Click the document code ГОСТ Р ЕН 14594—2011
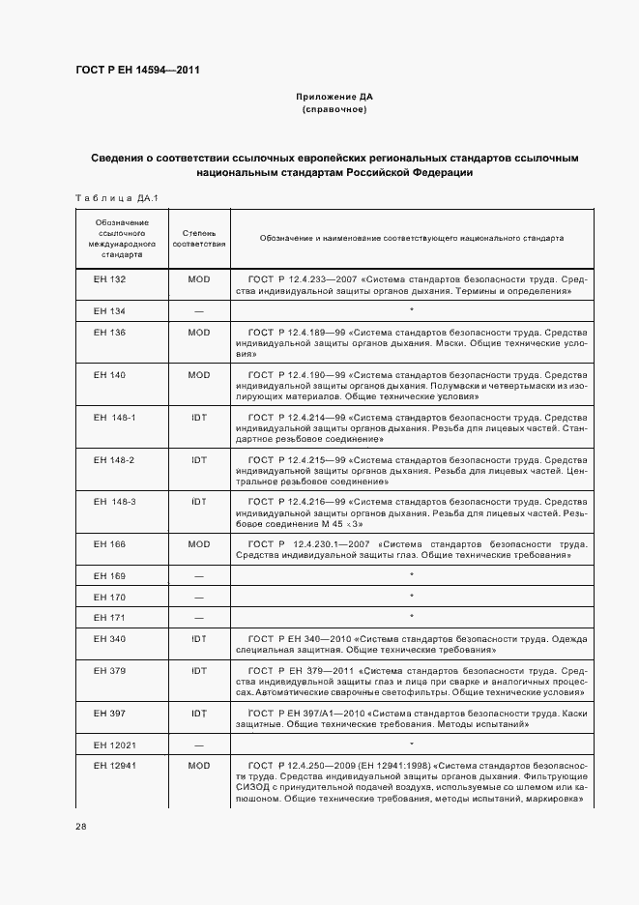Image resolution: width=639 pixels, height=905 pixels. click(x=137, y=70)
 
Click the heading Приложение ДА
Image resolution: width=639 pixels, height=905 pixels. click(x=334, y=98)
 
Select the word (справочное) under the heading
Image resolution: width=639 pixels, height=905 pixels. click(x=334, y=110)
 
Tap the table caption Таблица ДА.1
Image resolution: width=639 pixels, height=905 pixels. click(x=116, y=198)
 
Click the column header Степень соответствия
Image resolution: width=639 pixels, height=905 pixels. click(x=199, y=239)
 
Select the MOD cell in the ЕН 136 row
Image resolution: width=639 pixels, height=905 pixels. click(x=199, y=333)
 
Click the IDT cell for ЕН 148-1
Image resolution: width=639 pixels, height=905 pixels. click(x=199, y=417)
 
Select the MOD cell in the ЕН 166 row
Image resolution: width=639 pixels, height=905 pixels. click(x=199, y=544)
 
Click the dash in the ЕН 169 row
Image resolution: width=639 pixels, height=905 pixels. click(x=199, y=576)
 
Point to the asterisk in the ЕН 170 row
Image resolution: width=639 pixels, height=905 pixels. click(x=412, y=597)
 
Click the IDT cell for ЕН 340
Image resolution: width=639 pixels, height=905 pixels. click(x=199, y=639)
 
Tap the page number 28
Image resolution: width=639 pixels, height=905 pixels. click(x=81, y=827)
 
